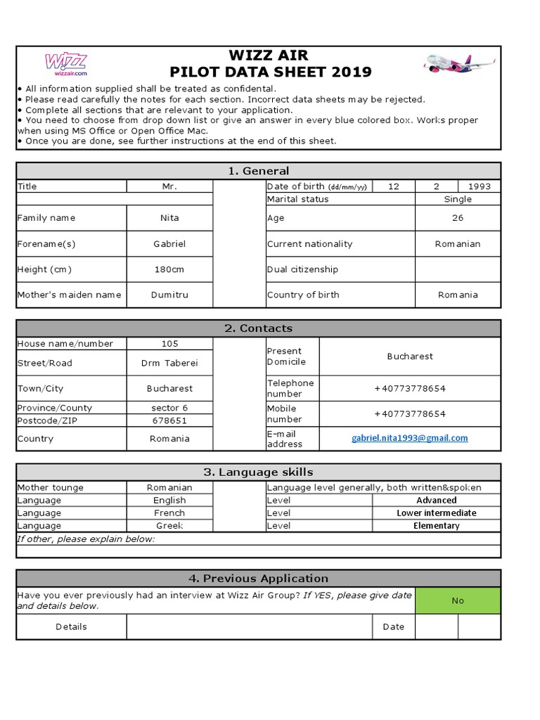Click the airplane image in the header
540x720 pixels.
(459, 63)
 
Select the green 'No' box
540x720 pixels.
(458, 600)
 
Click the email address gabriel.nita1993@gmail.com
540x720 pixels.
(410, 438)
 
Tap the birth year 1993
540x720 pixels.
(480, 186)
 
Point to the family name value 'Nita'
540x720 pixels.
(169, 218)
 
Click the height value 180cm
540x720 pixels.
(169, 269)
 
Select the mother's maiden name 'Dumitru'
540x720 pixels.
(169, 295)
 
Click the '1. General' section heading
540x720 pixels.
(258, 171)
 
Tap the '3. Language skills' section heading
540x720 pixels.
(258, 472)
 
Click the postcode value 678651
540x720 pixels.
(169, 420)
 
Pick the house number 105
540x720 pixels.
(169, 344)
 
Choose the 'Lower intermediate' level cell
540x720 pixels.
(436, 513)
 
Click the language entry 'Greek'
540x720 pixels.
(169, 526)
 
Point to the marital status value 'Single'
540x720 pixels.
(458, 199)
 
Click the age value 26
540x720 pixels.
(458, 218)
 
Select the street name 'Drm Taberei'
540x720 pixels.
(169, 364)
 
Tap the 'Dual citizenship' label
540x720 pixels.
(302, 269)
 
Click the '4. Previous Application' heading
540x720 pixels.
(258, 579)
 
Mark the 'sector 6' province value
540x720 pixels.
(169, 408)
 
